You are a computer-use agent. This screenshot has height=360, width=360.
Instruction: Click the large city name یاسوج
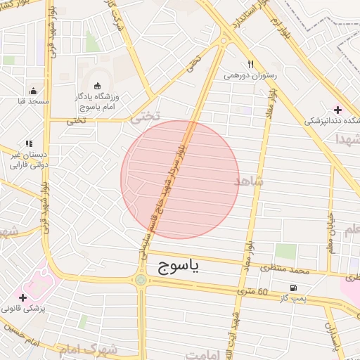(174, 265)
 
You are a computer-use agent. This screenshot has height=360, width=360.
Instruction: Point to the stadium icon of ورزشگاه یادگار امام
(97, 86)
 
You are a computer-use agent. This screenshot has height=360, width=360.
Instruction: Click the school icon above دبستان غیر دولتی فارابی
(29, 144)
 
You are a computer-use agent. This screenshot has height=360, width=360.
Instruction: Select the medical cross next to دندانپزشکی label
(338, 110)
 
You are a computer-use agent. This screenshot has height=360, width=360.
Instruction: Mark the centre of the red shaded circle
(180, 179)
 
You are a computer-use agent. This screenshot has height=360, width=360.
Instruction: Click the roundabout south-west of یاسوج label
(141, 280)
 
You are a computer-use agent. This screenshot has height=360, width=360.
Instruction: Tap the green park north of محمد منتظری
(285, 251)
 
